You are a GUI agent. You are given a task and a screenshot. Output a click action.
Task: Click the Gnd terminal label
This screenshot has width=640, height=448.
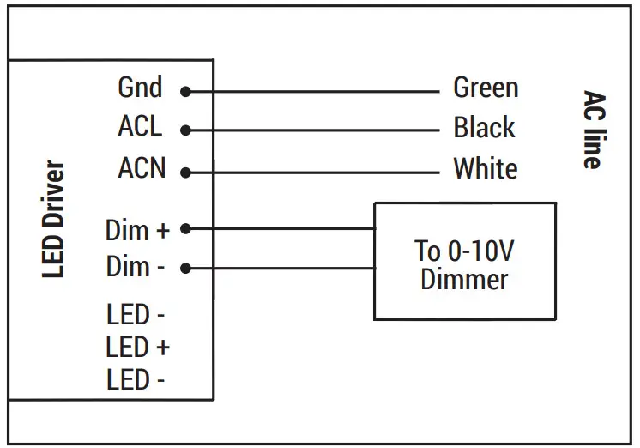pos(139,88)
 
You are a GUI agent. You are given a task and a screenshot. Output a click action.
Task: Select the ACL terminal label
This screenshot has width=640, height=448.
pos(139,127)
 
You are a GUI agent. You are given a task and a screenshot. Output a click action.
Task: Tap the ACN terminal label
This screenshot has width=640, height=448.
pos(141,168)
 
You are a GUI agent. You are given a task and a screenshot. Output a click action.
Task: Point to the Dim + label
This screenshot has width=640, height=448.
pos(137,230)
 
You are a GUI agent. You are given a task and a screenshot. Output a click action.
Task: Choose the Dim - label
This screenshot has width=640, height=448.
pos(135,267)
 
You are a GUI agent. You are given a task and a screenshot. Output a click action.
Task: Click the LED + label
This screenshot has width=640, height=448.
pos(137,348)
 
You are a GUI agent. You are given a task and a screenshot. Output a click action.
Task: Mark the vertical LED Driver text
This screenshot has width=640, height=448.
pos(54,219)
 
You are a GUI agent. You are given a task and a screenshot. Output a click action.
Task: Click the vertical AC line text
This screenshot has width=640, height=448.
pos(591,130)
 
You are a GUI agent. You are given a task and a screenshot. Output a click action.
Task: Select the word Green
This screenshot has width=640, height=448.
pos(485,88)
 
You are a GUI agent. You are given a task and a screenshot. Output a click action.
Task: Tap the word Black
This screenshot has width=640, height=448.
pos(484,128)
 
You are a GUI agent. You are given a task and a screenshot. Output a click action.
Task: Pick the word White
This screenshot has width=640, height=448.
pos(485,168)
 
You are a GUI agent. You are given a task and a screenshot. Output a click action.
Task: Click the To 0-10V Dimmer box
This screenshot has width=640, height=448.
pos(464,261)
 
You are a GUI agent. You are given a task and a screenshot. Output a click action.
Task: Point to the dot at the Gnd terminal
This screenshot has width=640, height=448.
pos(185,91)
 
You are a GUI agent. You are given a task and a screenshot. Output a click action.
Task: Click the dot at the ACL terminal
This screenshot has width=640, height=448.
pos(185,130)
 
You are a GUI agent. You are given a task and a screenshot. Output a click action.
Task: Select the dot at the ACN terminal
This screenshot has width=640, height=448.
pos(185,172)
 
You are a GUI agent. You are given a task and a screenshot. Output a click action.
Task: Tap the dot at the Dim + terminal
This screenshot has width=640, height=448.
pos(185,229)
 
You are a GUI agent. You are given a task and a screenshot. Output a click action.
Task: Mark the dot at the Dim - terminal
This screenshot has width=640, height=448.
pos(185,268)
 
